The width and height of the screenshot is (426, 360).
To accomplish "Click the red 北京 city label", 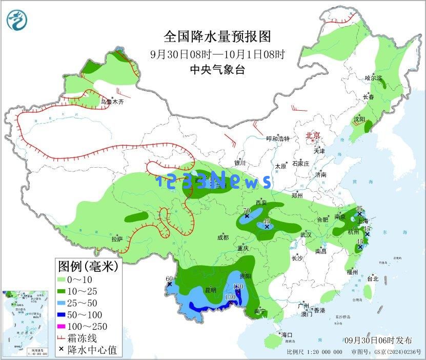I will pos(313,135).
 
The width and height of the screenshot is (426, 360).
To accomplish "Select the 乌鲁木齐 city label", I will pos(112,102).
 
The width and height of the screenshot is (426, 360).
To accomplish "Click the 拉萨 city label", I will pos(117,239).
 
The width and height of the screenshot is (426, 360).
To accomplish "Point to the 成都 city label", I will pos(222,237).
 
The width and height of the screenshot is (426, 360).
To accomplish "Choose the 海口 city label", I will pos(286,335).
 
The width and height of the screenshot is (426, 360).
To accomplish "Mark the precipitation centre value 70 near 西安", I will pos(246,210).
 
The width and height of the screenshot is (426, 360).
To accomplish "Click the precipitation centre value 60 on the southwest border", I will pos(169,279).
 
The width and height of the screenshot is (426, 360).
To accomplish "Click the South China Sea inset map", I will pos(25,322).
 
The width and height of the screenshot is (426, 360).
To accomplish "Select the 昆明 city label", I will pos(211,290).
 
